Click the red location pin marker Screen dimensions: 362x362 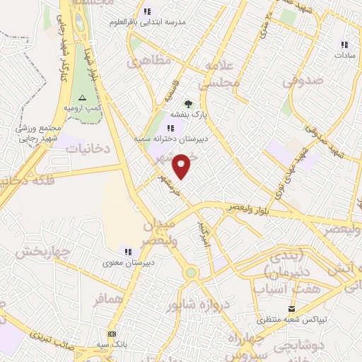coord(183,167)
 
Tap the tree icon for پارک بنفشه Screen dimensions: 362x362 coord(188,105)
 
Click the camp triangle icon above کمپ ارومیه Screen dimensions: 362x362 coord(83,97)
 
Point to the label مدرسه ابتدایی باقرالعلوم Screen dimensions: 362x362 coord(152,22)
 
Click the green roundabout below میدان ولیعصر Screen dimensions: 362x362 coord(191,273)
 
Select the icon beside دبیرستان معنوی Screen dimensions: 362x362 coord(128,251)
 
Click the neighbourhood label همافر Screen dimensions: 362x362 coord(107,299)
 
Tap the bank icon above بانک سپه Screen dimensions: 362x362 coord(112,334)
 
